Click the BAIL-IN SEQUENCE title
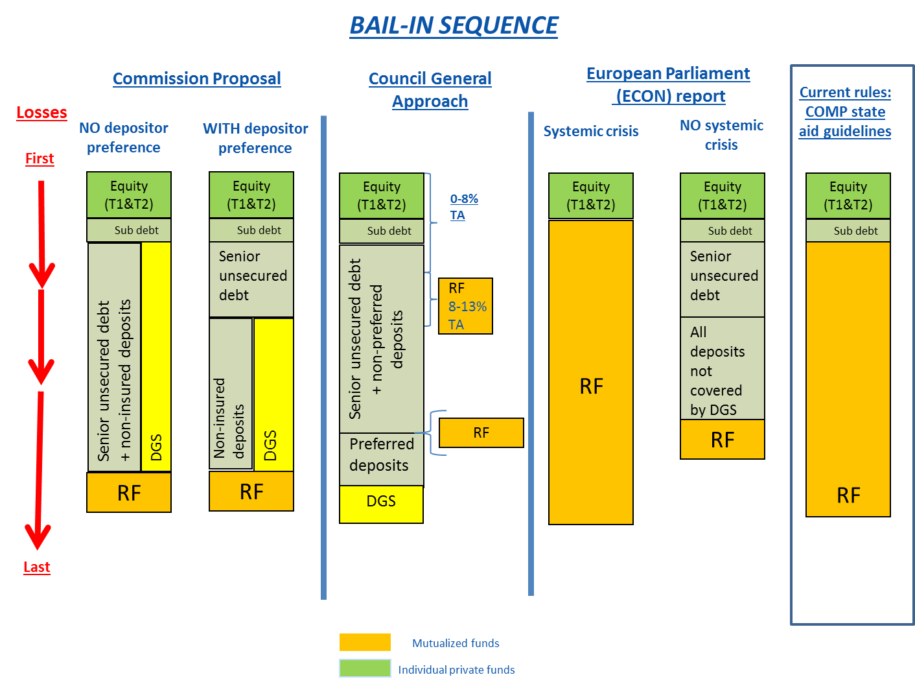454,26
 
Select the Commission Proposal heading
197,78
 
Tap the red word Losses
41,112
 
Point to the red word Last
37,567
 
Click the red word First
40,158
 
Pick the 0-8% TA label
463,207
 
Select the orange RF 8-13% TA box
465,306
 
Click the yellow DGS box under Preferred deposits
381,504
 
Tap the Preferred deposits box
382,459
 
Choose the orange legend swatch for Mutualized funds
365,642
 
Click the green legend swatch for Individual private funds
365,668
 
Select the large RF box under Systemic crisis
591,372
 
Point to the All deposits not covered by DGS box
722,369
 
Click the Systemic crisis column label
591,131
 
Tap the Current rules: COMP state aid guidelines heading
845,112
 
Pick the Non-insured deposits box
231,394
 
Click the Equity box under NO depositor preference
129,195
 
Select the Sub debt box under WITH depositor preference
251,230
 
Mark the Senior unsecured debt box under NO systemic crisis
722,279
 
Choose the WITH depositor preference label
255,138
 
